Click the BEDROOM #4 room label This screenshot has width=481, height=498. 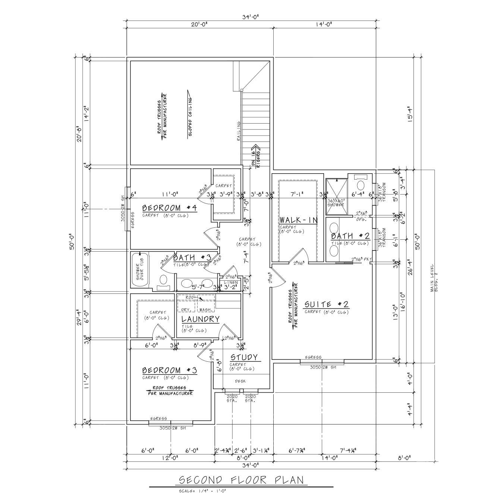tap(169, 208)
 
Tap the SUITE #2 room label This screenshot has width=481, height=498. tap(326, 305)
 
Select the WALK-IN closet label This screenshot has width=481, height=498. tap(298, 220)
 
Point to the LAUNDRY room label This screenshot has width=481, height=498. tap(200, 319)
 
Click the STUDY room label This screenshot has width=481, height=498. tap(244, 358)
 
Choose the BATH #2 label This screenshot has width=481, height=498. tap(350, 236)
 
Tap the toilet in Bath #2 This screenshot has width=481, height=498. tap(361, 184)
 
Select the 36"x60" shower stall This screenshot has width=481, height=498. tap(336, 197)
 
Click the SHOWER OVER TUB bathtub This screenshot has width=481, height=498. tap(140, 270)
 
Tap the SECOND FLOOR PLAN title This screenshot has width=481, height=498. tap(241, 480)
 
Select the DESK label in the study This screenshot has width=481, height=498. tap(240, 381)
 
